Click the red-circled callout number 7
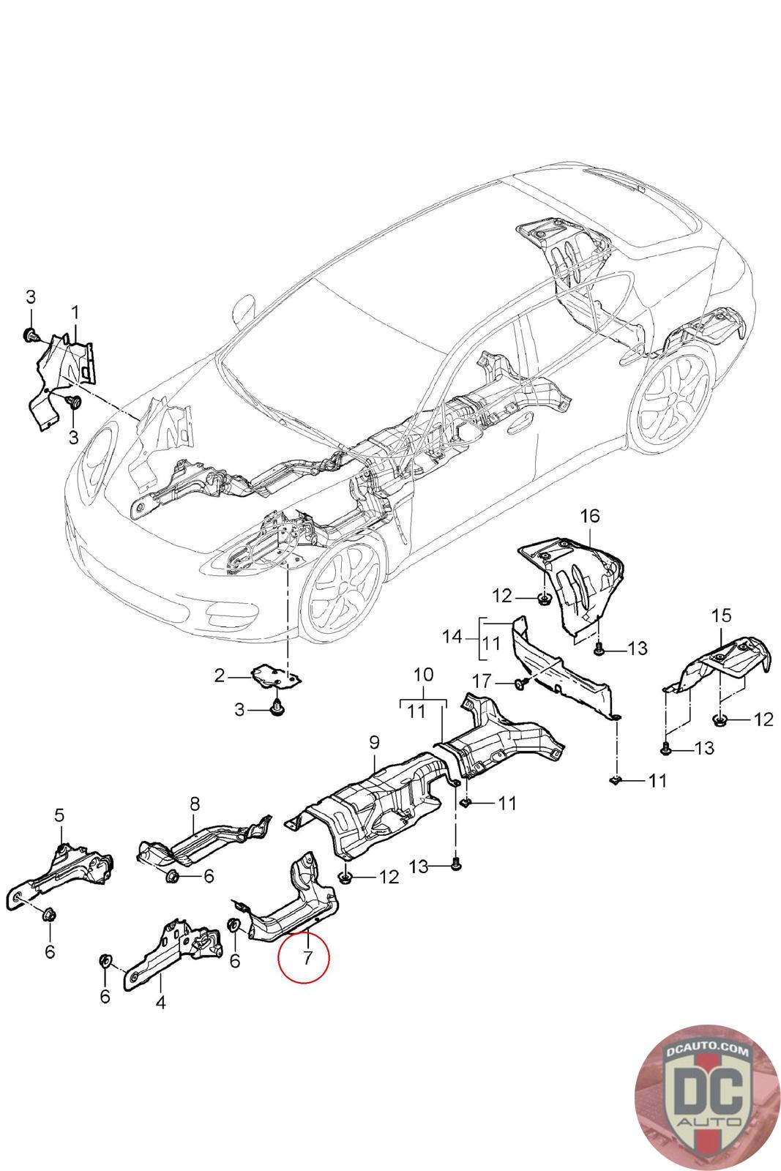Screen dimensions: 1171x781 click(307, 957)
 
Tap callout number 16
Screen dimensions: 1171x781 click(590, 516)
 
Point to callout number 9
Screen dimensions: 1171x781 click(374, 743)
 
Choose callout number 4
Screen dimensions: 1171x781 click(160, 1002)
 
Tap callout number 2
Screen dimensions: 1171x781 click(220, 676)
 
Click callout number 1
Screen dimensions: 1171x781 click(75, 314)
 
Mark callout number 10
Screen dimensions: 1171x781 click(424, 673)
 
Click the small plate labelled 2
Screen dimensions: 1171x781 click(277, 676)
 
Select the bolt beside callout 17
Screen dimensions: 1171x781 click(520, 684)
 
